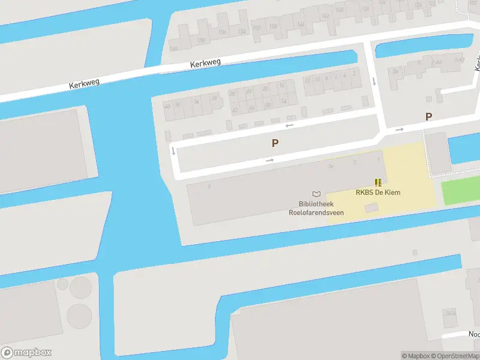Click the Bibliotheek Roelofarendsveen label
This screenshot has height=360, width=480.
(317, 208)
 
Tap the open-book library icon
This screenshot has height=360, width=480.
(316, 194)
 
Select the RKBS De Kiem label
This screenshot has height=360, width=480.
(378, 193)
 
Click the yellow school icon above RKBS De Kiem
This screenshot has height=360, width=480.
(378, 182)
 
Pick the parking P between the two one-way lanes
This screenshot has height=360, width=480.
(275, 143)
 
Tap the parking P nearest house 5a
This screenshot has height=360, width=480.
(428, 117)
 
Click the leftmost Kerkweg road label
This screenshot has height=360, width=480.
(84, 84)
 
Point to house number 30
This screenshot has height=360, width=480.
(214, 99)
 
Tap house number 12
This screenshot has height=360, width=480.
(307, 80)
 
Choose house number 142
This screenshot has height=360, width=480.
(325, 16)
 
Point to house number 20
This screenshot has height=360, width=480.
(265, 89)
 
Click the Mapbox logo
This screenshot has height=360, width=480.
(26, 353)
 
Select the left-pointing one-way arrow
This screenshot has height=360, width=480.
(289, 125)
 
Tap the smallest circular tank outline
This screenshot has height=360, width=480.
(62, 283)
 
